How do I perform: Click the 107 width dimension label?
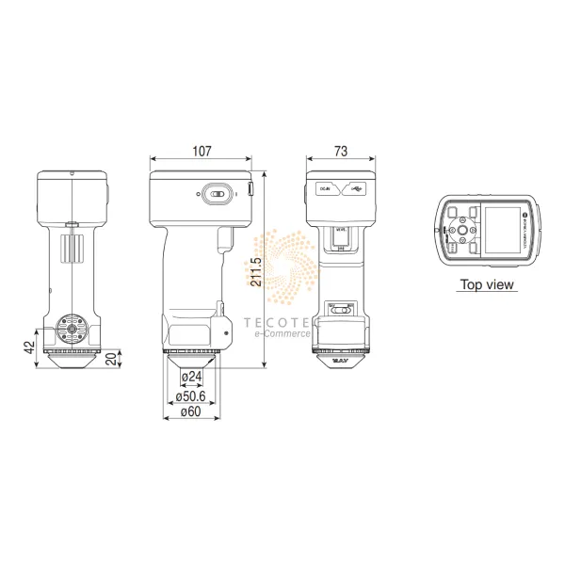pyautogui.click(x=202, y=151)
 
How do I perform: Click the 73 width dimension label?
pyautogui.click(x=341, y=151)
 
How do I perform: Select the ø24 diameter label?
pyautogui.click(x=192, y=377)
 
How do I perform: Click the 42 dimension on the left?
pyautogui.click(x=28, y=346)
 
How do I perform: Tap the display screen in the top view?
pyautogui.click(x=497, y=230)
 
